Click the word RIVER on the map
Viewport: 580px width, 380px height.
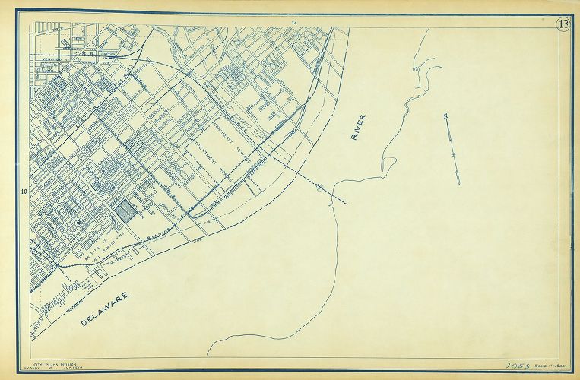pos(358,128)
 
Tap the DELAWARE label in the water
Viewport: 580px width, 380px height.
pos(105,309)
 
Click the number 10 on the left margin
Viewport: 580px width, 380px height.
pos(24,191)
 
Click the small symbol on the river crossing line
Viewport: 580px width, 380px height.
pos(319,187)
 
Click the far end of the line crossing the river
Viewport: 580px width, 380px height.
pos(348,204)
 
